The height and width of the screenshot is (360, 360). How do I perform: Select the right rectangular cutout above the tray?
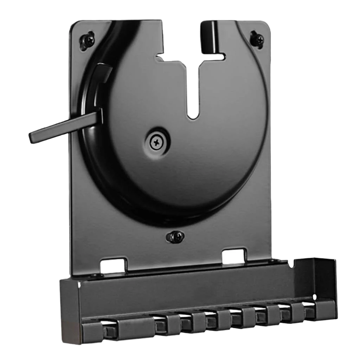[234, 256]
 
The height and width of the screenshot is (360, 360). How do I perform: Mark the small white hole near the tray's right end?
[314, 297]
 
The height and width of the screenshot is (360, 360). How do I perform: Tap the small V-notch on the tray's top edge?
[290, 264]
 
